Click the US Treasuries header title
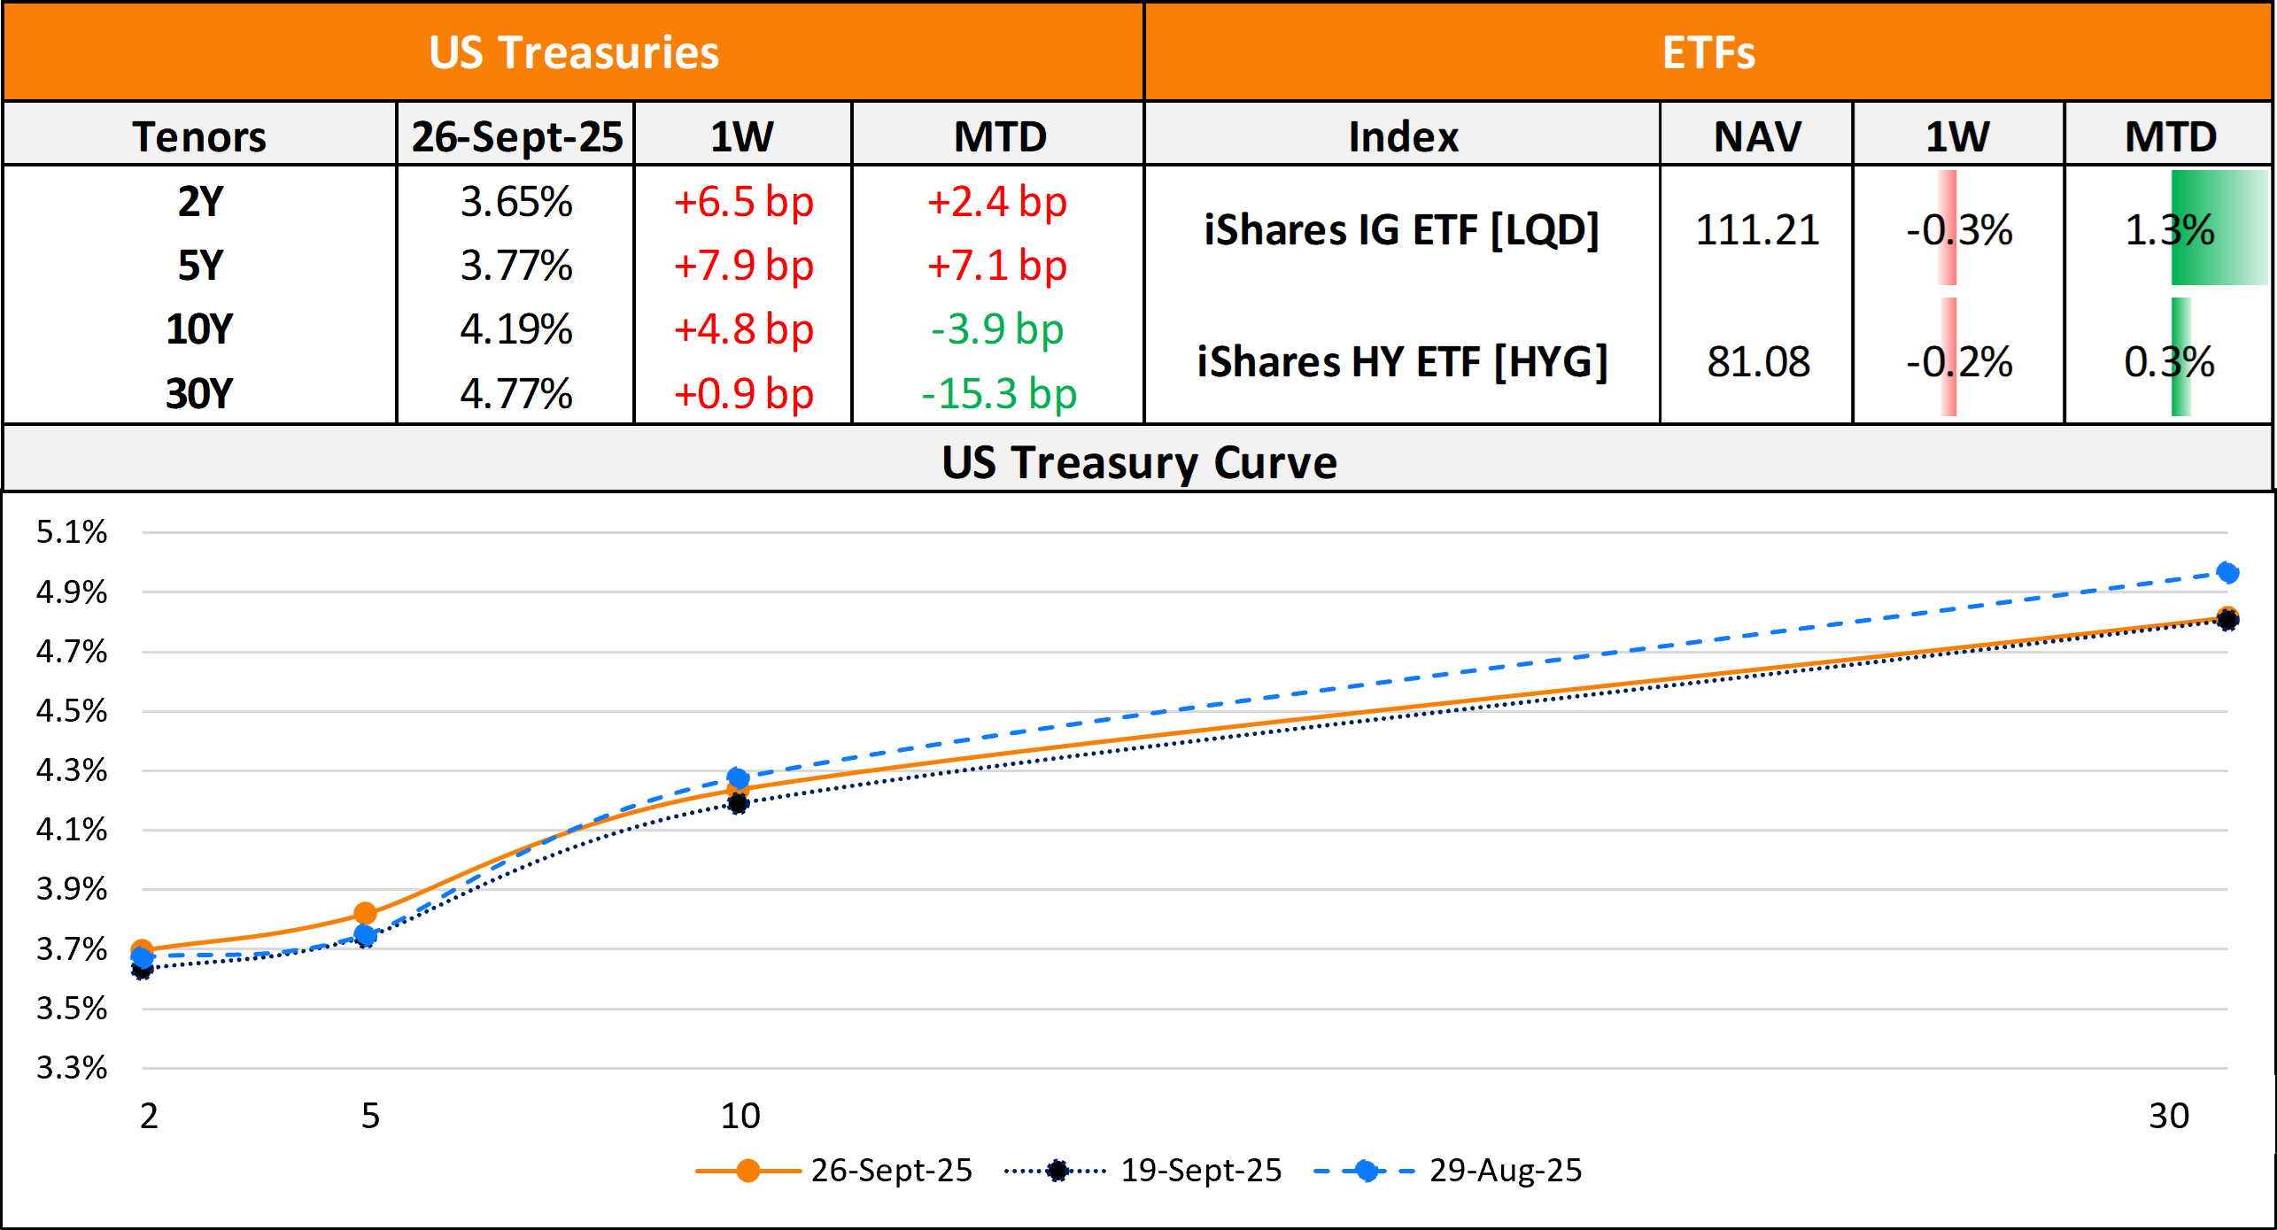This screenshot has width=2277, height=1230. tap(574, 52)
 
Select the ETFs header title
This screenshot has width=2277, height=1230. tap(1708, 52)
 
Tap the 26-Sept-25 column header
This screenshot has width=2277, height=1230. tap(516, 136)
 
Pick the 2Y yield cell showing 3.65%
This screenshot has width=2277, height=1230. tap(516, 202)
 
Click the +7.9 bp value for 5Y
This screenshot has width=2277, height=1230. tap(743, 266)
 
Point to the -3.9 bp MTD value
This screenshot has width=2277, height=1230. tap(997, 329)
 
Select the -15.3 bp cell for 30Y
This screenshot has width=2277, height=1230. tap(999, 394)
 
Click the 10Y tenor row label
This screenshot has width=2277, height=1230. tap(199, 329)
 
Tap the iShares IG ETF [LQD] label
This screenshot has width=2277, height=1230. tap(1402, 230)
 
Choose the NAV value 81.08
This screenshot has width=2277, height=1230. tap(1758, 361)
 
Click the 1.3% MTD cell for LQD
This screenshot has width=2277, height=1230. tap(2169, 230)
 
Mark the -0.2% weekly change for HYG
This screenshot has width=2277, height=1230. tap(1959, 361)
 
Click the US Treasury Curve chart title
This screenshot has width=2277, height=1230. tap(1139, 462)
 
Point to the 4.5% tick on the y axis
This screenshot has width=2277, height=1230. tap(71, 710)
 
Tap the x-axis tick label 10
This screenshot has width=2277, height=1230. tap(740, 1116)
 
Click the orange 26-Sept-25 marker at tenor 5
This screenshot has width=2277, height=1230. tap(365, 913)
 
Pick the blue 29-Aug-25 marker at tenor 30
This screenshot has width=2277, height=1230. tap(2227, 573)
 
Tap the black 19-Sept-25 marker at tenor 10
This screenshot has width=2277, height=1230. tap(738, 804)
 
